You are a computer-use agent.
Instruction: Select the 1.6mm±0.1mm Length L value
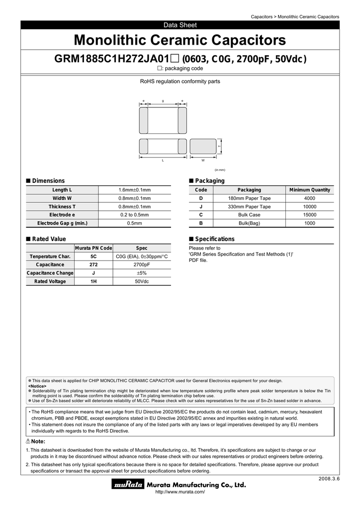tap(134, 190)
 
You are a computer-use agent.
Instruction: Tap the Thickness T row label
tap(62, 206)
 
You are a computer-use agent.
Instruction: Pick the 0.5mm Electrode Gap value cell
tap(134, 223)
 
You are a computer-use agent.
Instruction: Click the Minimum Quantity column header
tap(310, 190)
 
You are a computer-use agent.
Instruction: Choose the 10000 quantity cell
tap(310, 206)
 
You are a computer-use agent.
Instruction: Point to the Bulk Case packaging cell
tap(249, 215)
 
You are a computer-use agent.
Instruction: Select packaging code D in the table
tap(201, 198)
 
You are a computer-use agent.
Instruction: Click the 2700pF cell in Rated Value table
tap(142, 264)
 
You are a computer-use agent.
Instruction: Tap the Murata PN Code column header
tap(93, 248)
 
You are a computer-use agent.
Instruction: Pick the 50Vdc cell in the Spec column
tap(142, 281)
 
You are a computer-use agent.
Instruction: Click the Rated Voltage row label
tap(50, 281)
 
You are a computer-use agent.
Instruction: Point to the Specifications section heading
tap(214, 239)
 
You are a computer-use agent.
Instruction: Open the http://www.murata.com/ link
tap(180, 492)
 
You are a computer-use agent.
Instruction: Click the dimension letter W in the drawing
tap(203, 161)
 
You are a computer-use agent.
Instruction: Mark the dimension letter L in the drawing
tap(163, 161)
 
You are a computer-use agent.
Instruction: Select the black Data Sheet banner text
tap(180, 25)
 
